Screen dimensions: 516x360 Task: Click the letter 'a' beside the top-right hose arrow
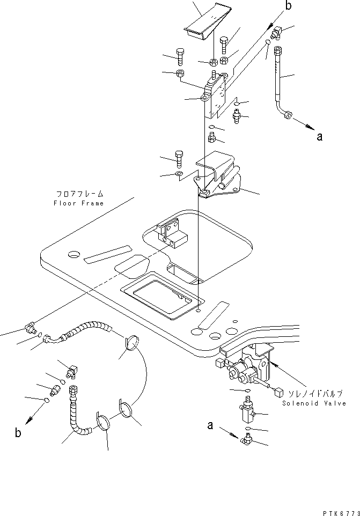coord(319,137)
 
